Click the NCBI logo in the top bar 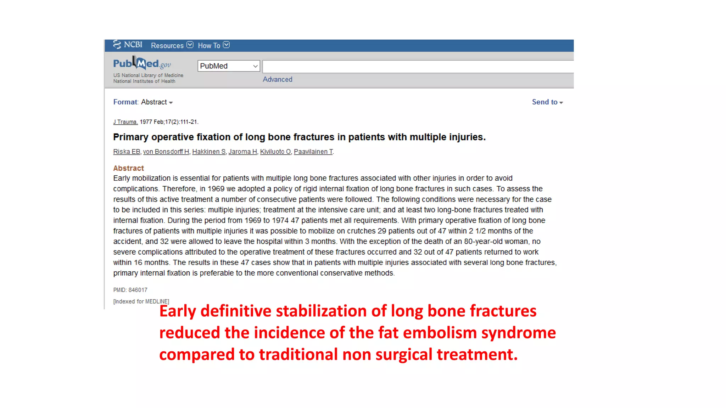[x=128, y=45]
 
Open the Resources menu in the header [x=172, y=45]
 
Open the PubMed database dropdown [x=229, y=66]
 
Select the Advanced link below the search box [x=277, y=79]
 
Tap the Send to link [x=547, y=102]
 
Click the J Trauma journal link [x=125, y=122]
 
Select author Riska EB [x=127, y=152]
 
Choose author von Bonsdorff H [x=166, y=152]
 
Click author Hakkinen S [x=209, y=152]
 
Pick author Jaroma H [x=242, y=152]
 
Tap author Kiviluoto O [x=275, y=152]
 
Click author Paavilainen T [x=313, y=152]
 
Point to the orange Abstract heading [x=128, y=168]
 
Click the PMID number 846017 [x=138, y=290]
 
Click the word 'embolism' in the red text [x=440, y=333]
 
